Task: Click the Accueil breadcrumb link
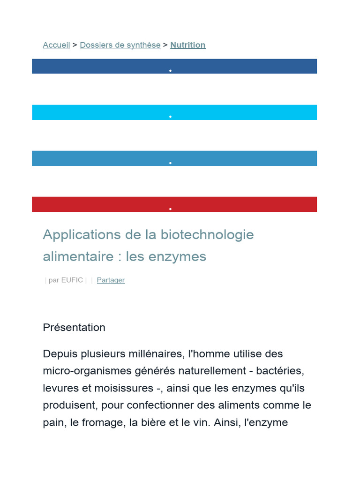tap(56, 45)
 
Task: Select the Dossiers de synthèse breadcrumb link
tap(120, 45)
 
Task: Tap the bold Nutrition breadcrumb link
tap(187, 45)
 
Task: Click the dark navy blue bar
tap(174, 66)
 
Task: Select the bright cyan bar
tap(174, 112)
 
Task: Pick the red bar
tap(174, 204)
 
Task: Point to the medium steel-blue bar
tap(174, 158)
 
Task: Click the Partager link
tap(111, 280)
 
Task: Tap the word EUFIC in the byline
tap(72, 280)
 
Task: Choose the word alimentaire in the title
tap(78, 257)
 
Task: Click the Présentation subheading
tap(74, 327)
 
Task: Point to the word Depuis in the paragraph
tap(60, 353)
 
